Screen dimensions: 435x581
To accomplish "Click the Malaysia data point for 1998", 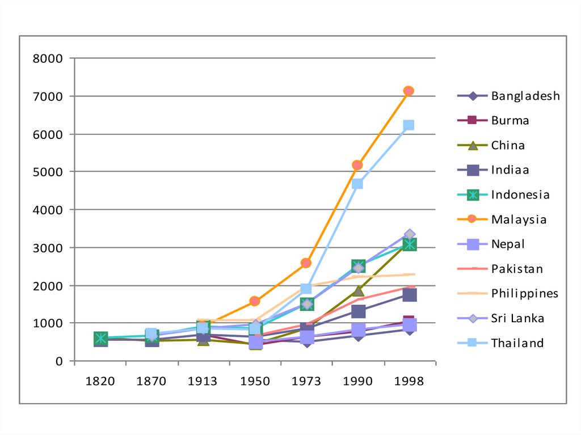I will (409, 91).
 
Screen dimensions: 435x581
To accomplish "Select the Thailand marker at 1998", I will (409, 125).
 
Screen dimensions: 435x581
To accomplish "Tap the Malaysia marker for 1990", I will (357, 165).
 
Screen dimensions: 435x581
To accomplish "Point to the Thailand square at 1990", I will (357, 184).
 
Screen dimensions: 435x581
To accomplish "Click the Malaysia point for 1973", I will (306, 263).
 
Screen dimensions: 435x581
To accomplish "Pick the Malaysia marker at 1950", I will (255, 301).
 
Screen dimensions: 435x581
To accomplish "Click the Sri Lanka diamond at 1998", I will (409, 234).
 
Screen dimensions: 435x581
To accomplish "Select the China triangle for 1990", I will (357, 291).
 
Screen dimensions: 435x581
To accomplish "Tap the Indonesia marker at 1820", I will (100, 338).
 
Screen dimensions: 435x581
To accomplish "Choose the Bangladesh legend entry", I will (525, 96).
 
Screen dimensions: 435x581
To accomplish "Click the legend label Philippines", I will (525, 293).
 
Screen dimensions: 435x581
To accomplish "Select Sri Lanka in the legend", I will (517, 318).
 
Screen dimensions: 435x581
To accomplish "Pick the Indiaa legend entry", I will (510, 170).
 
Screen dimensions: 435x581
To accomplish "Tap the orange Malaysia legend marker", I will (473, 219).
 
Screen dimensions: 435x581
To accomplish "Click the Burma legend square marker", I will (473, 120).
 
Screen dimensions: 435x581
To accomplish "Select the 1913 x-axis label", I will (203, 381).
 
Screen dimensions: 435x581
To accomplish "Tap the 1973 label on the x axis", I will (306, 381).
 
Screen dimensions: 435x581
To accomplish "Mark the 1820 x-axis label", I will (100, 381).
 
